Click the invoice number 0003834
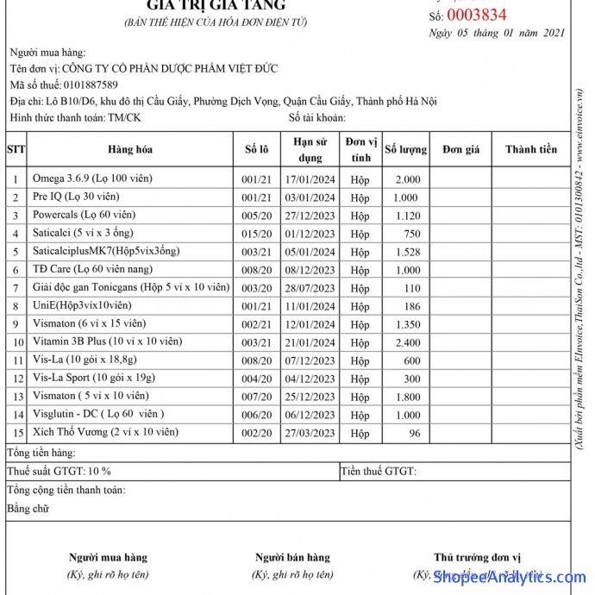tap(476, 15)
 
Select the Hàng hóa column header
tap(130, 149)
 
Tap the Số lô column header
tap(256, 149)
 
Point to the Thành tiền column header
tap(531, 149)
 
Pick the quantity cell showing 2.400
tap(407, 342)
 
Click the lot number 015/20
tap(256, 234)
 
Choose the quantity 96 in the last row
tap(415, 433)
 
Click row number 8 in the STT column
tap(16, 306)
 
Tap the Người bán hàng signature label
tap(292, 557)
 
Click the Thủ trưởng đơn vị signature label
tap(477, 557)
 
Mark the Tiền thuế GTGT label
tap(379, 472)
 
